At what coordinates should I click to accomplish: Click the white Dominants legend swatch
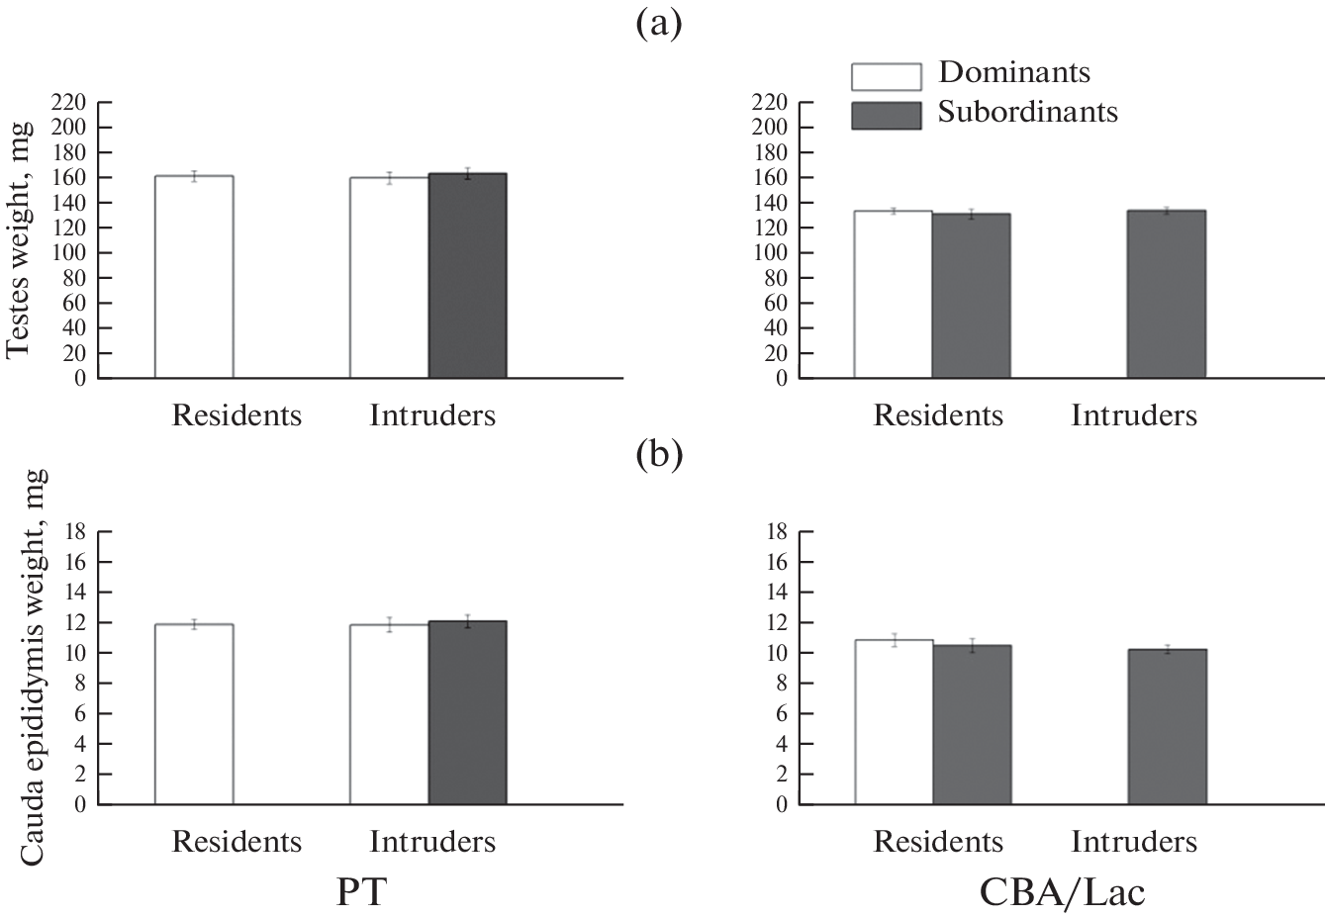[886, 75]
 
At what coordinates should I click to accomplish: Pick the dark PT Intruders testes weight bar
[467, 276]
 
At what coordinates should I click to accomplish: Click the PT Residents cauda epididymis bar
[194, 714]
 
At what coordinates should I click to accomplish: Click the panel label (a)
[658, 24]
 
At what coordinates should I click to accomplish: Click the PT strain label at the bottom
[361, 891]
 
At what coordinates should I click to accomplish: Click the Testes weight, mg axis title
[20, 239]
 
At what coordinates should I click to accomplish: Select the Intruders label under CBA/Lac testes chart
[1133, 415]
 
